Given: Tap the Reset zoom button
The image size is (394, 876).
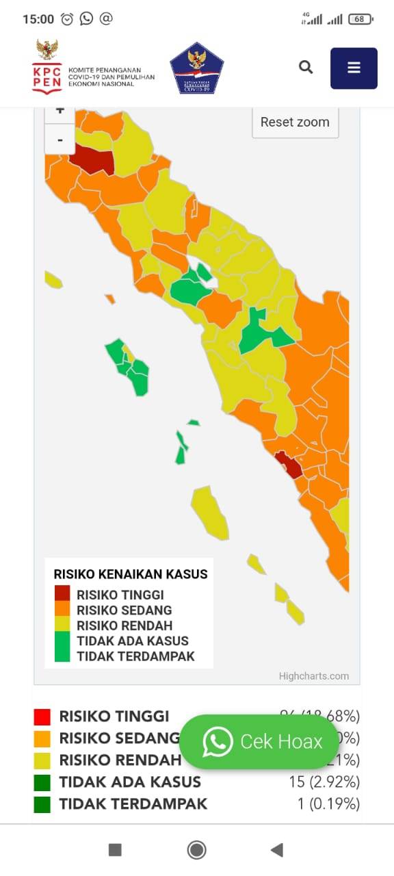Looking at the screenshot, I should click(295, 123).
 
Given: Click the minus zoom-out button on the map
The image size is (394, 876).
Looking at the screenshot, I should click(60, 140).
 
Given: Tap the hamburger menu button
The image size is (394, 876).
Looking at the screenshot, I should click(354, 68).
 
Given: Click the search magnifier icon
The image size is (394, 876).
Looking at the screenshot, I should click(306, 67).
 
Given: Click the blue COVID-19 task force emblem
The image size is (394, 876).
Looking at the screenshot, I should click(196, 68).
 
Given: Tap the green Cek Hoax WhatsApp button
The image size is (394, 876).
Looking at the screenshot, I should click(259, 741).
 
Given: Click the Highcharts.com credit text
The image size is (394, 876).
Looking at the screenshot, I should click(313, 676).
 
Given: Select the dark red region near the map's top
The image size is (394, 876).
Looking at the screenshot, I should click(92, 159).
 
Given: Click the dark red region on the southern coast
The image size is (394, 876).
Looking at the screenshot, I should click(289, 465).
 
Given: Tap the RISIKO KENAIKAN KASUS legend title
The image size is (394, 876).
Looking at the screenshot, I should click(130, 574).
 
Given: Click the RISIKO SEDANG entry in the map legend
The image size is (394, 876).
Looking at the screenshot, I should click(124, 610).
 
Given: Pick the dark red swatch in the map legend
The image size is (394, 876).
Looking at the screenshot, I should click(62, 594).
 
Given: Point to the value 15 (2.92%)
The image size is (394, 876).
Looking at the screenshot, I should click(324, 782).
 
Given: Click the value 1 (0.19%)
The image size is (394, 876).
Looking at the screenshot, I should click(328, 803).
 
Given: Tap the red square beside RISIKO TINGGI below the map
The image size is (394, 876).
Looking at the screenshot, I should click(42, 717).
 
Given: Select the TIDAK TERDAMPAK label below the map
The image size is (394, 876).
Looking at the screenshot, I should click(133, 804).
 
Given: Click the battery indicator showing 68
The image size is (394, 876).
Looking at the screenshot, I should click(360, 19).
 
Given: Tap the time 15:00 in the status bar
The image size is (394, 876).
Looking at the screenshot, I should click(38, 19).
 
